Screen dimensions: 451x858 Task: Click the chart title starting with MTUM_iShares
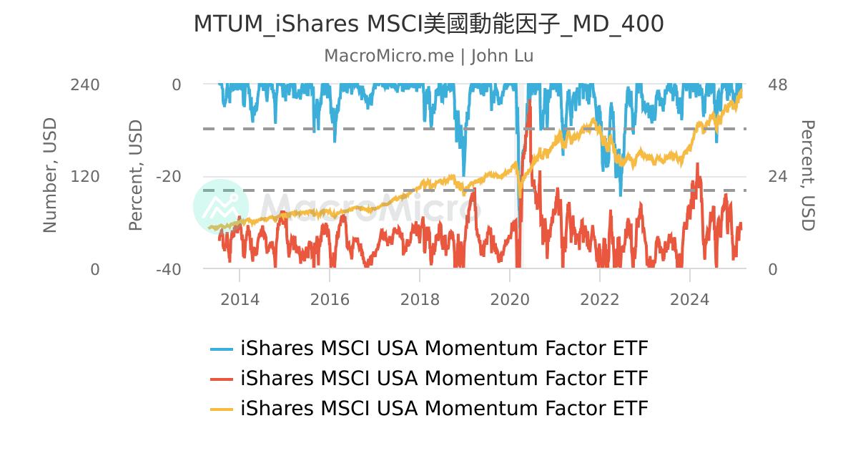pyautogui.click(x=429, y=24)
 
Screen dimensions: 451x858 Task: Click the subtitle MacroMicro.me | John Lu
pyautogui.click(x=429, y=56)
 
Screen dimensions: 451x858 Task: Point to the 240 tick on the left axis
pyautogui.click(x=84, y=84)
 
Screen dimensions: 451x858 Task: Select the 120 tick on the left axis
pyautogui.click(x=84, y=177)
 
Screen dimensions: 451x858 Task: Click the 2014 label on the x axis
pyautogui.click(x=240, y=299)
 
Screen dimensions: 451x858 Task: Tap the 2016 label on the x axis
pyautogui.click(x=330, y=299)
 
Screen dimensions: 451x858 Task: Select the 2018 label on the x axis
pyautogui.click(x=420, y=299)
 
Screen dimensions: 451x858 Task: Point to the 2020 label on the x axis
pyautogui.click(x=510, y=299)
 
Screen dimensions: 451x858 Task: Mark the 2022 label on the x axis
pyautogui.click(x=600, y=299)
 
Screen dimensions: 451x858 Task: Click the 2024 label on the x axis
pyautogui.click(x=690, y=299)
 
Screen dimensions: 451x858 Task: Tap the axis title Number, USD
pyautogui.click(x=49, y=176)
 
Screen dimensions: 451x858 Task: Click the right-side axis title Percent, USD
pyautogui.click(x=807, y=176)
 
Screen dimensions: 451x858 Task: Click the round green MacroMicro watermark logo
pyautogui.click(x=221, y=207)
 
